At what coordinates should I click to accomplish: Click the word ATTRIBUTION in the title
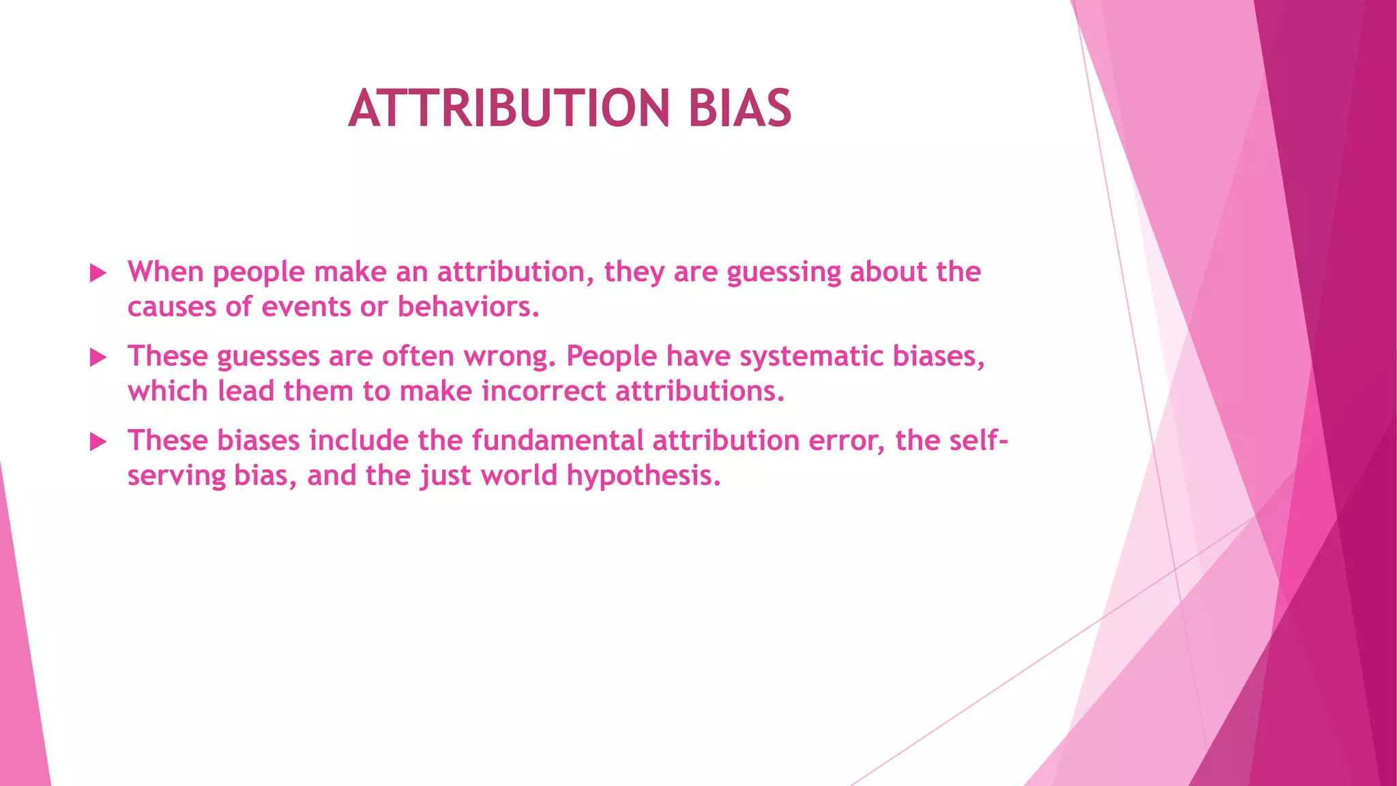point(509,108)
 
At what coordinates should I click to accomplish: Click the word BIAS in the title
point(739,108)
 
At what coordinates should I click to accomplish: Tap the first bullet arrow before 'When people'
point(98,274)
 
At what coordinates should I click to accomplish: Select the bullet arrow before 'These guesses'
point(98,358)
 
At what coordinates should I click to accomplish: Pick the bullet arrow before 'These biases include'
point(98,442)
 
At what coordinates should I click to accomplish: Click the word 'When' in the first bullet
point(166,272)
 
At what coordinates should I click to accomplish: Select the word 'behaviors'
point(468,306)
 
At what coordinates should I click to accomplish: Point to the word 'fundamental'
point(557,440)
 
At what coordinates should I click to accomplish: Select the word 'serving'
point(176,476)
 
